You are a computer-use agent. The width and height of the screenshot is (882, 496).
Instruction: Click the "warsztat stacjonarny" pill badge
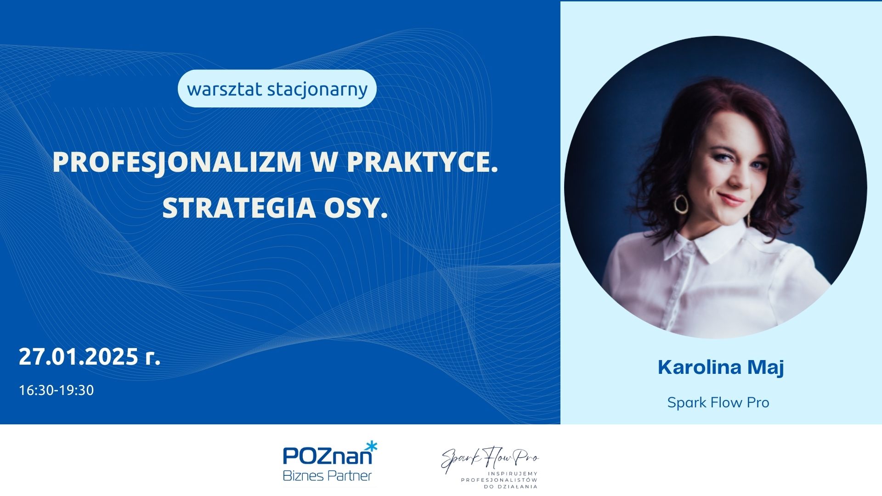277,89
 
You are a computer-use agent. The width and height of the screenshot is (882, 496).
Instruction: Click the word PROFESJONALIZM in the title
177,162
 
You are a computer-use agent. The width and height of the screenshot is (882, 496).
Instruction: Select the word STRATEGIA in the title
239,208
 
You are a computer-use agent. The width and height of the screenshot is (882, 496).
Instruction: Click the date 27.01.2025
79,357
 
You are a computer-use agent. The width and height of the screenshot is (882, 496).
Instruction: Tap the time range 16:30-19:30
57,390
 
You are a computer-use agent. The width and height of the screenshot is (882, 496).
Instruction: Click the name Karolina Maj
721,367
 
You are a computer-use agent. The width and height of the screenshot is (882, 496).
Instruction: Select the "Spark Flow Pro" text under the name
718,403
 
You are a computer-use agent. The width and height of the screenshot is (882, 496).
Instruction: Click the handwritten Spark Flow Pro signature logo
490,459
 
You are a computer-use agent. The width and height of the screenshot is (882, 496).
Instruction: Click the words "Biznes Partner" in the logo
327,476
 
